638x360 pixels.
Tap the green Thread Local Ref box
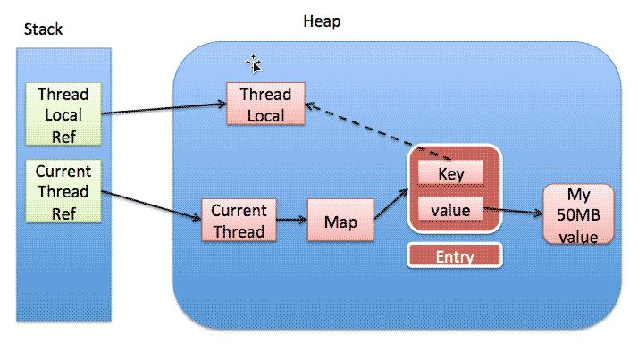(x=62, y=114)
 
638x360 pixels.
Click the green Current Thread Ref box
(x=62, y=192)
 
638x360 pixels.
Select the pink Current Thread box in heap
(x=238, y=221)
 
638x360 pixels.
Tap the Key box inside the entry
(x=451, y=173)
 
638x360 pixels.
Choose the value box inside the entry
(x=451, y=211)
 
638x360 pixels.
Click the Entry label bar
(x=454, y=255)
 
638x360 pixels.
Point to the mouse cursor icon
(x=254, y=63)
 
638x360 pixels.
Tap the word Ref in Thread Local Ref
(x=62, y=136)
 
